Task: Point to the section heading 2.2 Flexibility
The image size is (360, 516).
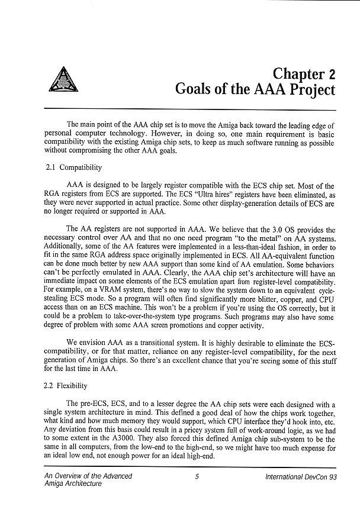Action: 66,386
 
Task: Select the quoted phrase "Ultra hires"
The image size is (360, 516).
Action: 211,195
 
